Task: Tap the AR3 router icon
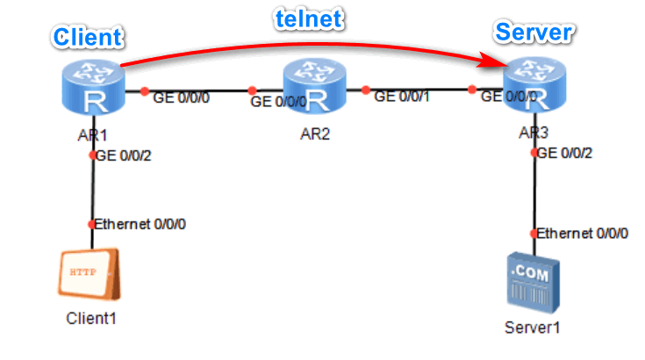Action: click(x=534, y=86)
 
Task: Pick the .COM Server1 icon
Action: click(x=534, y=283)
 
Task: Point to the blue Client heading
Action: click(x=88, y=37)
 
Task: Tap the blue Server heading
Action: click(x=534, y=33)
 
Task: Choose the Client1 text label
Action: click(x=91, y=318)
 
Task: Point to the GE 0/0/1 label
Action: click(x=403, y=97)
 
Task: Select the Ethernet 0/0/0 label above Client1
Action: click(x=139, y=224)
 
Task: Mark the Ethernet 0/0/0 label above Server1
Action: click(x=582, y=234)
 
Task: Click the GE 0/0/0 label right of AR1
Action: click(x=182, y=97)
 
